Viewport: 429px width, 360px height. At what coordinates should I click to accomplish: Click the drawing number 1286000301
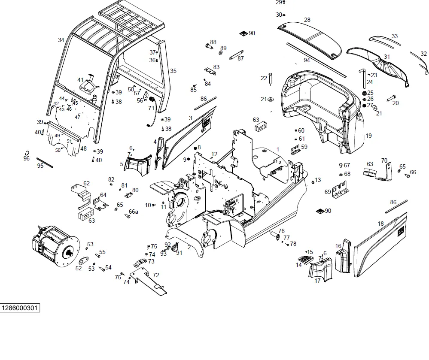click(20, 308)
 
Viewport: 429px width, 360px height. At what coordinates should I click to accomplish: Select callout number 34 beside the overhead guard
click(61, 40)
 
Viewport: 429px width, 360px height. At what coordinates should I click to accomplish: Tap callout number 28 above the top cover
click(307, 20)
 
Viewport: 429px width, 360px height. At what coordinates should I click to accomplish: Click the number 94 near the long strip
click(307, 61)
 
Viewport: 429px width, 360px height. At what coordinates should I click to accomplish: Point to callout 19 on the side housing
click(368, 136)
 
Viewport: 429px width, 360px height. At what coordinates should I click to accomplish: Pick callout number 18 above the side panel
click(380, 224)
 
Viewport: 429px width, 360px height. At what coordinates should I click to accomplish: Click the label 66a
click(134, 212)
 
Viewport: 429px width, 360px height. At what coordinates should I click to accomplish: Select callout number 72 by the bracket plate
click(156, 275)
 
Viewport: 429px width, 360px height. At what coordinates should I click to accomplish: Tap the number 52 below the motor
click(78, 268)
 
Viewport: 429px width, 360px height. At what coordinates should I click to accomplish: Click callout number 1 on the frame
click(278, 149)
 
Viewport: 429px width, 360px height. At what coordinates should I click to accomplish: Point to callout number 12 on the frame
click(215, 154)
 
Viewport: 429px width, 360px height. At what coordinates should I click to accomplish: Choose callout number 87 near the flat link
click(240, 58)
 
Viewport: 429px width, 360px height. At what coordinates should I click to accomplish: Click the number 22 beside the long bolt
click(264, 78)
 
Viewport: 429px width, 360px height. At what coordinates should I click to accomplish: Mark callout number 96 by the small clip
click(27, 158)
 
